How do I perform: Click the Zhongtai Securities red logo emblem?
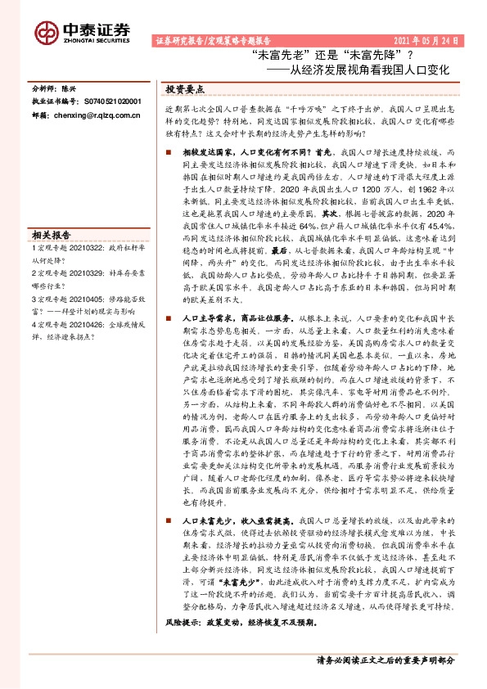pyautogui.click(x=46, y=31)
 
